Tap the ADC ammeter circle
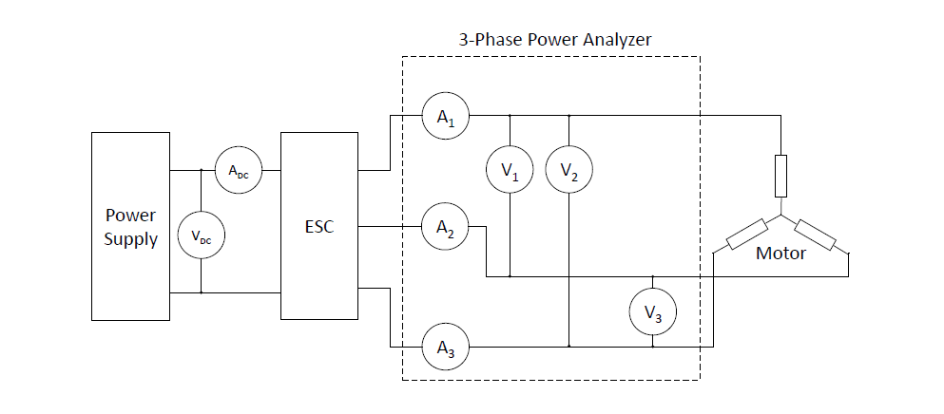coord(239,170)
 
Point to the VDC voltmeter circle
coord(202,235)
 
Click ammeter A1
coord(446,116)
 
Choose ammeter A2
coord(446,226)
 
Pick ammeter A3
coord(446,347)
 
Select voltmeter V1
coord(510,170)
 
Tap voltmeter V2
coord(568,170)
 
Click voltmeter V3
coord(652,311)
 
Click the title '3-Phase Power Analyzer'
coord(555,40)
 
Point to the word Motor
coord(780,254)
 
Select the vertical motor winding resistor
coord(780,176)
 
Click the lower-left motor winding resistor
coord(747,235)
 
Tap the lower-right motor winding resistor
coord(815,235)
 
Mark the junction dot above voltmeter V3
coord(652,277)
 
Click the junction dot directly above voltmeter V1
coord(510,116)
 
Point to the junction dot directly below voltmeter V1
coord(510,277)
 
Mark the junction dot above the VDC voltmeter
coord(202,170)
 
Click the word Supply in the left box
coord(130,239)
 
